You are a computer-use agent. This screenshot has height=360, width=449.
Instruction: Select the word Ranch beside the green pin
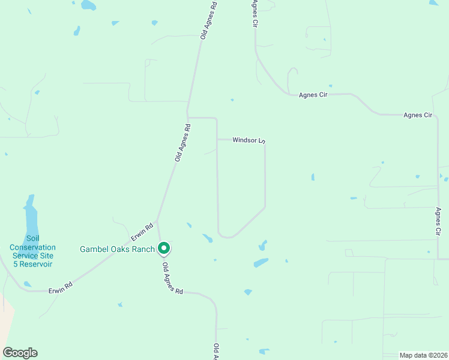(144, 249)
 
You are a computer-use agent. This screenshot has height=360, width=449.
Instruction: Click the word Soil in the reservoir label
(32, 239)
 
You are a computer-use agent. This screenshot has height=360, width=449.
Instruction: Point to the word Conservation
(32, 247)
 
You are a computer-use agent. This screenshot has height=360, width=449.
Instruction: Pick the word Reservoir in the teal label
(35, 264)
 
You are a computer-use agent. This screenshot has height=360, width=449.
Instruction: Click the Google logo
(20, 353)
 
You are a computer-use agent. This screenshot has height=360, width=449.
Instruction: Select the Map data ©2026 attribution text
(423, 355)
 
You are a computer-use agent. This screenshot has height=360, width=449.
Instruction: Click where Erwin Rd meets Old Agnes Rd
(157, 221)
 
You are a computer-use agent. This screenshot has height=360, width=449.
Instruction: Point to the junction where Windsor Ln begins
(217, 140)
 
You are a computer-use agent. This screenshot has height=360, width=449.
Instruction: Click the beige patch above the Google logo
(6, 318)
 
